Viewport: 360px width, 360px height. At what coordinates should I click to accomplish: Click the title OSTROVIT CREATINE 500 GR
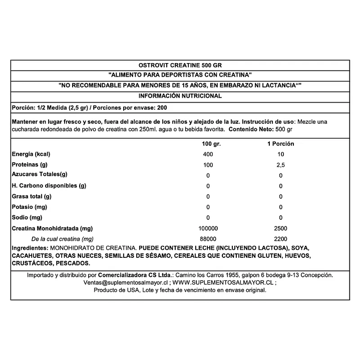(x=180, y=65)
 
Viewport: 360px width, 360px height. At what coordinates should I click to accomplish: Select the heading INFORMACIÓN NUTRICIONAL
(x=180, y=96)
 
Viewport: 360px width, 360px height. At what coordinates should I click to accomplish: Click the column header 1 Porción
(x=280, y=143)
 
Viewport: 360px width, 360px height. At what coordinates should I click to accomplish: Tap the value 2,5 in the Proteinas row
(x=280, y=165)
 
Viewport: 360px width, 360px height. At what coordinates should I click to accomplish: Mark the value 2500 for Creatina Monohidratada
(x=280, y=229)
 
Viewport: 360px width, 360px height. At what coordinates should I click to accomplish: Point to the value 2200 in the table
(x=280, y=239)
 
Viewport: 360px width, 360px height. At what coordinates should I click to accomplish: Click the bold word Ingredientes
(x=30, y=248)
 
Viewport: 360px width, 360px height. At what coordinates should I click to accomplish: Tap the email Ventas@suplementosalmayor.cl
(x=125, y=282)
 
